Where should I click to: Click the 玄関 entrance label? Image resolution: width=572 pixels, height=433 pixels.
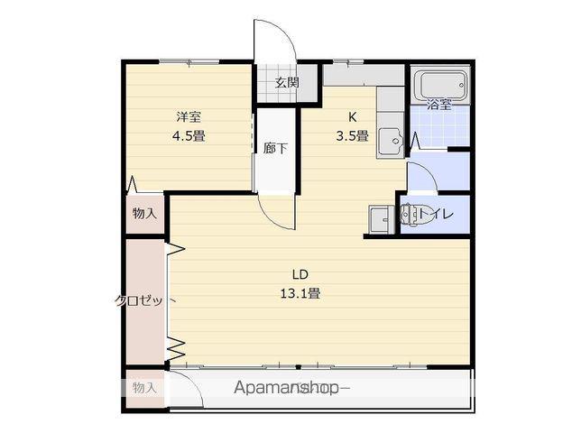[286, 82]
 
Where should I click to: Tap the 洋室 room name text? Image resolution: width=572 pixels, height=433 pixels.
[188, 116]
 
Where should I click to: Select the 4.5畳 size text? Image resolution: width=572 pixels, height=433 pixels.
[188, 137]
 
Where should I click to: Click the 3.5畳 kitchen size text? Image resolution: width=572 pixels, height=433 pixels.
[352, 136]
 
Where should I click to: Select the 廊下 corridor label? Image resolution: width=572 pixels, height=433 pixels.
[275, 148]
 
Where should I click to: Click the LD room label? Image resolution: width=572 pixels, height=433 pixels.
[300, 274]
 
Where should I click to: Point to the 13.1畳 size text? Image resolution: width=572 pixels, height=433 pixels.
[300, 293]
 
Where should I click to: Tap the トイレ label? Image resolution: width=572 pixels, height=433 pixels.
[439, 215]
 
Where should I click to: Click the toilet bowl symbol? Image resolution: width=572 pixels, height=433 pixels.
[412, 215]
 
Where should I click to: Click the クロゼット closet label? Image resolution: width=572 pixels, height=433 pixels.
[139, 300]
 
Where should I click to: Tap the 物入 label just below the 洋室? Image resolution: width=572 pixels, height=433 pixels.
[144, 214]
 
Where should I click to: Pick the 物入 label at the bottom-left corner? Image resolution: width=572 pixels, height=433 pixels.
[144, 387]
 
